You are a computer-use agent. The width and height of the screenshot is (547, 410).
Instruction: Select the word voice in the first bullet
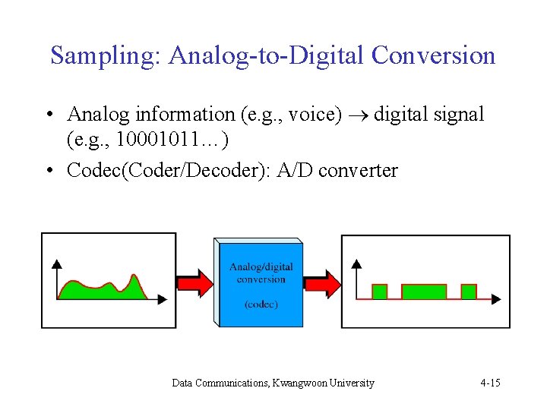[x=309, y=115]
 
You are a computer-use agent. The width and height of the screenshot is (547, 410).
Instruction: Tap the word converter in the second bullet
[x=358, y=170]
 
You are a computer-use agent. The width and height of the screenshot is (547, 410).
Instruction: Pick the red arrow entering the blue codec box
[x=194, y=283]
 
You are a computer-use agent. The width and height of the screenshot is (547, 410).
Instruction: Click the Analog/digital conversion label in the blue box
[x=261, y=273]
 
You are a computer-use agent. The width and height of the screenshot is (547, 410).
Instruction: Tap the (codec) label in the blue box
[x=261, y=304]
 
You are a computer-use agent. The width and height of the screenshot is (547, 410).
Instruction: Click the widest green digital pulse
[x=423, y=292]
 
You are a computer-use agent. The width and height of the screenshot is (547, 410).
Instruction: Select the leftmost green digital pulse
[x=380, y=292]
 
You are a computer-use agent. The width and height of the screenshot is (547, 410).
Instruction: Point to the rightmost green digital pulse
[x=469, y=292]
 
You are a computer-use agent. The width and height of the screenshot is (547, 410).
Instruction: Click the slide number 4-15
[x=490, y=383]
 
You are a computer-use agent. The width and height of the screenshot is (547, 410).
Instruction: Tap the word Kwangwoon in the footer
[x=302, y=383]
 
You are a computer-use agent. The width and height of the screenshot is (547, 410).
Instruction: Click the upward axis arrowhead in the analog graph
[x=57, y=263]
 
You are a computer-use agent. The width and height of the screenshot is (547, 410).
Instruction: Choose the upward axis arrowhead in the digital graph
[x=356, y=263]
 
